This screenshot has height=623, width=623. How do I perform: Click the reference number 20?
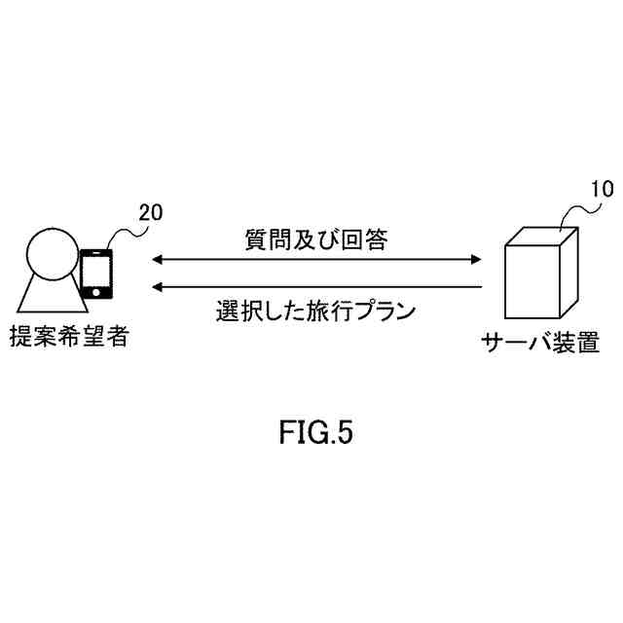pyautogui.click(x=151, y=211)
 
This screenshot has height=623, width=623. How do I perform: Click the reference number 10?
pyautogui.click(x=603, y=190)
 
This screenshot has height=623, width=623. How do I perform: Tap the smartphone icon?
pyautogui.click(x=95, y=274)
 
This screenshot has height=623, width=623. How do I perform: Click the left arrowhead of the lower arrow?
pyautogui.click(x=156, y=287)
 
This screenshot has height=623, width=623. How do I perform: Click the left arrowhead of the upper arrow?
pyautogui.click(x=156, y=259)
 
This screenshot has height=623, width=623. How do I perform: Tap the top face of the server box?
pyautogui.click(x=542, y=234)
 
